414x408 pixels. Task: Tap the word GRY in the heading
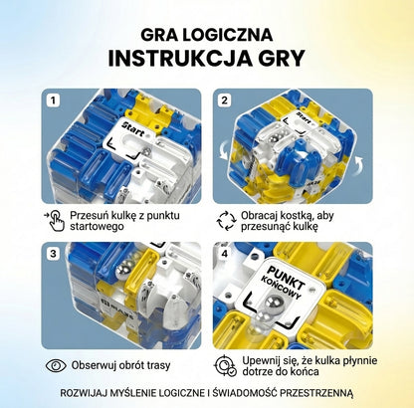point(280,59)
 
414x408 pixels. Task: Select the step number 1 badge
point(53,101)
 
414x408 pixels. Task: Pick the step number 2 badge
point(225,101)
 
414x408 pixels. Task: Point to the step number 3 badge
point(53,254)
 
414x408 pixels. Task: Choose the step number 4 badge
point(225,254)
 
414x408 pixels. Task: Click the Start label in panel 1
point(133,129)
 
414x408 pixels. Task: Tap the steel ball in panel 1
point(146,152)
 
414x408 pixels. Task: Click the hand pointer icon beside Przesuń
point(55,220)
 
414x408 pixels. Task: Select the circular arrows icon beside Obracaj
point(226,220)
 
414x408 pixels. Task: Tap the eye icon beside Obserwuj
point(56,365)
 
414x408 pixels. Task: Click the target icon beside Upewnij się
point(226,365)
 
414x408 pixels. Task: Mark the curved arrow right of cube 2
point(358,165)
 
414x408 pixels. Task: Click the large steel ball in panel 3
point(122,270)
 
